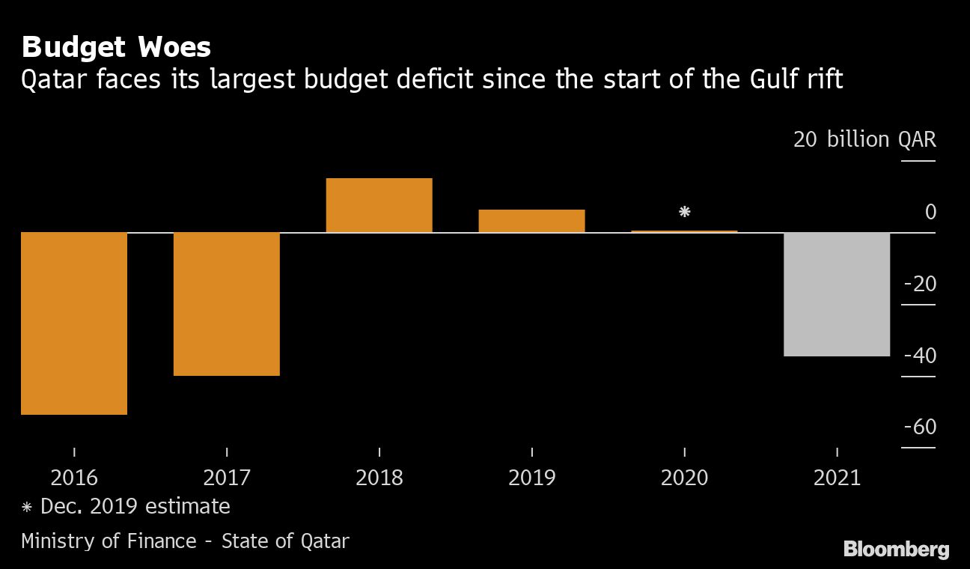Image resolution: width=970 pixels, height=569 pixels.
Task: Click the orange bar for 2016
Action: (74, 323)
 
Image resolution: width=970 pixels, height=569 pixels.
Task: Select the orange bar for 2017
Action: (227, 303)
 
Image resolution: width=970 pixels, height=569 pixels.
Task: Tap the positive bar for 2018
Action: (379, 205)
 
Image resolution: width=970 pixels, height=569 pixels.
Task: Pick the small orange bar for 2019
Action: (531, 221)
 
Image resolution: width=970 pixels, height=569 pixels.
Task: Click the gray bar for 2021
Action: (837, 294)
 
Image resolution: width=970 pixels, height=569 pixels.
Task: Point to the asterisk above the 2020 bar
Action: (684, 212)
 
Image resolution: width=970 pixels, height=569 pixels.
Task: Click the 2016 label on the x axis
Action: (74, 478)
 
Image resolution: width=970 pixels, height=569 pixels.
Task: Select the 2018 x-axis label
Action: (379, 478)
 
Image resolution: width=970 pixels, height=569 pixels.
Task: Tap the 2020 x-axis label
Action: (684, 478)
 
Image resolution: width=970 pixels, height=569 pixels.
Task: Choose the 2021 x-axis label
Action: (837, 478)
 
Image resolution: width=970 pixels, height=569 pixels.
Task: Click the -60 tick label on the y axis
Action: (920, 427)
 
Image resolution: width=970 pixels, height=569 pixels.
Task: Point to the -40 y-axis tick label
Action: (920, 356)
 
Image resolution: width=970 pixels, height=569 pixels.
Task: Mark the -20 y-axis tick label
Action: (920, 284)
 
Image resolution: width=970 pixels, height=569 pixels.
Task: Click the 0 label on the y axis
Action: (930, 213)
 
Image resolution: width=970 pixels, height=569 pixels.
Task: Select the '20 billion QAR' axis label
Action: (864, 140)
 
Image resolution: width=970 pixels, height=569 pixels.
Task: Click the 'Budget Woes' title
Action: (116, 48)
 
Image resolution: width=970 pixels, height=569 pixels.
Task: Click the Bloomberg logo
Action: (896, 550)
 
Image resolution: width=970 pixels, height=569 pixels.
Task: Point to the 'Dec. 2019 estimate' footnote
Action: (135, 507)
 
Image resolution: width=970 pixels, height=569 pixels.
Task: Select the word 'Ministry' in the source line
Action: (58, 541)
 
